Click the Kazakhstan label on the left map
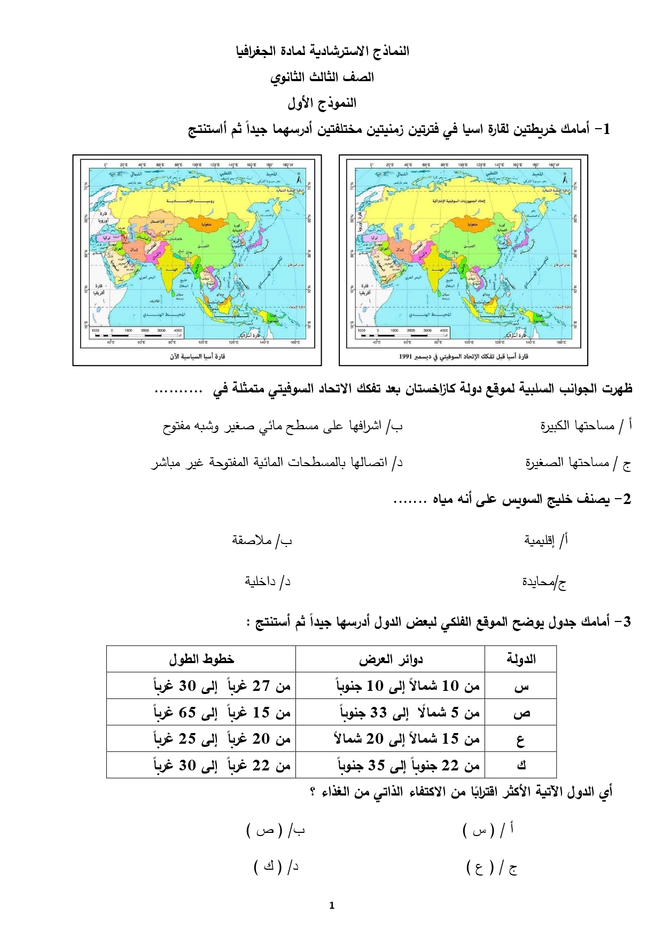coord(161,221)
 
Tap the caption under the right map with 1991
coord(463,356)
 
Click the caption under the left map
coord(197,356)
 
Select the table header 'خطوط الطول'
coord(201,659)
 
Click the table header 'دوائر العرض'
coord(391,659)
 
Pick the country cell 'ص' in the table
coord(521,713)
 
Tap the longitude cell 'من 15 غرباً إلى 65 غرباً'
coord(222,713)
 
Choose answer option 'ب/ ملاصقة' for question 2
coord(262,540)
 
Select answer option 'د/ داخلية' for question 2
coord(267,581)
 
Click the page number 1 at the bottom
coord(332,905)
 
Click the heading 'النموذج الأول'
coord(322,103)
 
